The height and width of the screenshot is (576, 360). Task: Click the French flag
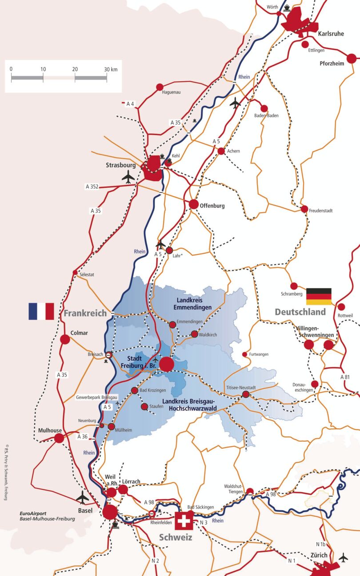[x=41, y=311]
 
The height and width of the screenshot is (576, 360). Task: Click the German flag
[x=319, y=296]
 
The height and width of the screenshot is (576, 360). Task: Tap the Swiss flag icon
[x=184, y=521]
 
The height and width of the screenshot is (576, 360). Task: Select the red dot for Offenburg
[x=193, y=204]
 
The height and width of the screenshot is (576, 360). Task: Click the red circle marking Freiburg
[x=167, y=364]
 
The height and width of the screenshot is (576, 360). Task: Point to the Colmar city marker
[x=65, y=340]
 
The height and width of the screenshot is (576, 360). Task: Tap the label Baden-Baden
[x=266, y=115]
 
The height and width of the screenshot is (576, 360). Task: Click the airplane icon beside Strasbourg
[x=128, y=177]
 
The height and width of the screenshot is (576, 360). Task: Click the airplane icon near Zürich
[x=344, y=556]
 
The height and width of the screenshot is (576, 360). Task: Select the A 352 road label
[x=92, y=187]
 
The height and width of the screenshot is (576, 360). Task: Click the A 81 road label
[x=345, y=377]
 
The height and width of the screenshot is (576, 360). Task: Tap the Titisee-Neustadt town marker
[x=246, y=394]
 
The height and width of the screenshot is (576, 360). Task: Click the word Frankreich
[x=85, y=313]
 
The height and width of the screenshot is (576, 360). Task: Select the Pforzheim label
[x=332, y=64]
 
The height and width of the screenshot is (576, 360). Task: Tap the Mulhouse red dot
[x=59, y=438]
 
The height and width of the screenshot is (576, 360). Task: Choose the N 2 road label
[x=155, y=560]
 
